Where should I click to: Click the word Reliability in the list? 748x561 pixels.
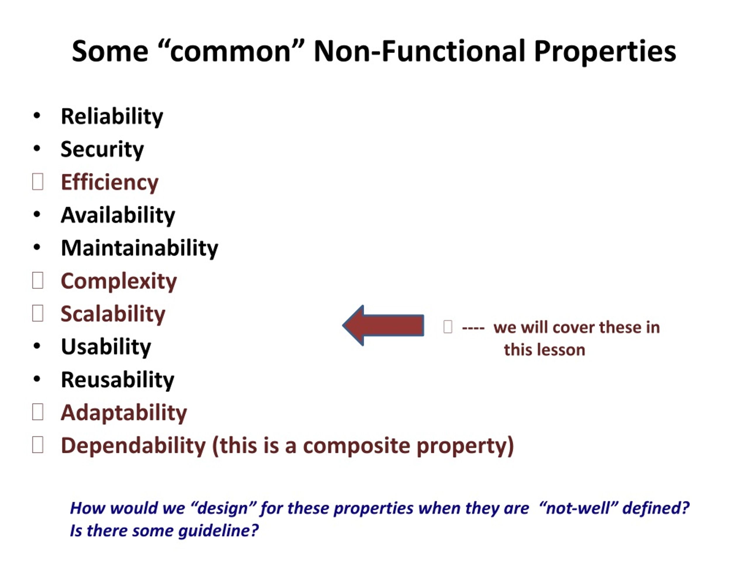tap(112, 117)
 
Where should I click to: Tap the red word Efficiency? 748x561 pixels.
tap(110, 183)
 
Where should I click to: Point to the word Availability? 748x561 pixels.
tap(118, 215)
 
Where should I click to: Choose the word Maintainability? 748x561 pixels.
tap(140, 248)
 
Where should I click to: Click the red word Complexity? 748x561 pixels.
tap(119, 281)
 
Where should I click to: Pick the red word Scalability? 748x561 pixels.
tap(113, 314)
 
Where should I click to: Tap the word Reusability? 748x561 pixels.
tap(117, 380)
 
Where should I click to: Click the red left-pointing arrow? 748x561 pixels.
tap(383, 325)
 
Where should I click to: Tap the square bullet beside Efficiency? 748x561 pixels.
tap(37, 181)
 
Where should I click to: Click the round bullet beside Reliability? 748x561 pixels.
tap(37, 116)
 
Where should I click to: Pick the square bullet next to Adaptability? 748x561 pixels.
tap(37, 412)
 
